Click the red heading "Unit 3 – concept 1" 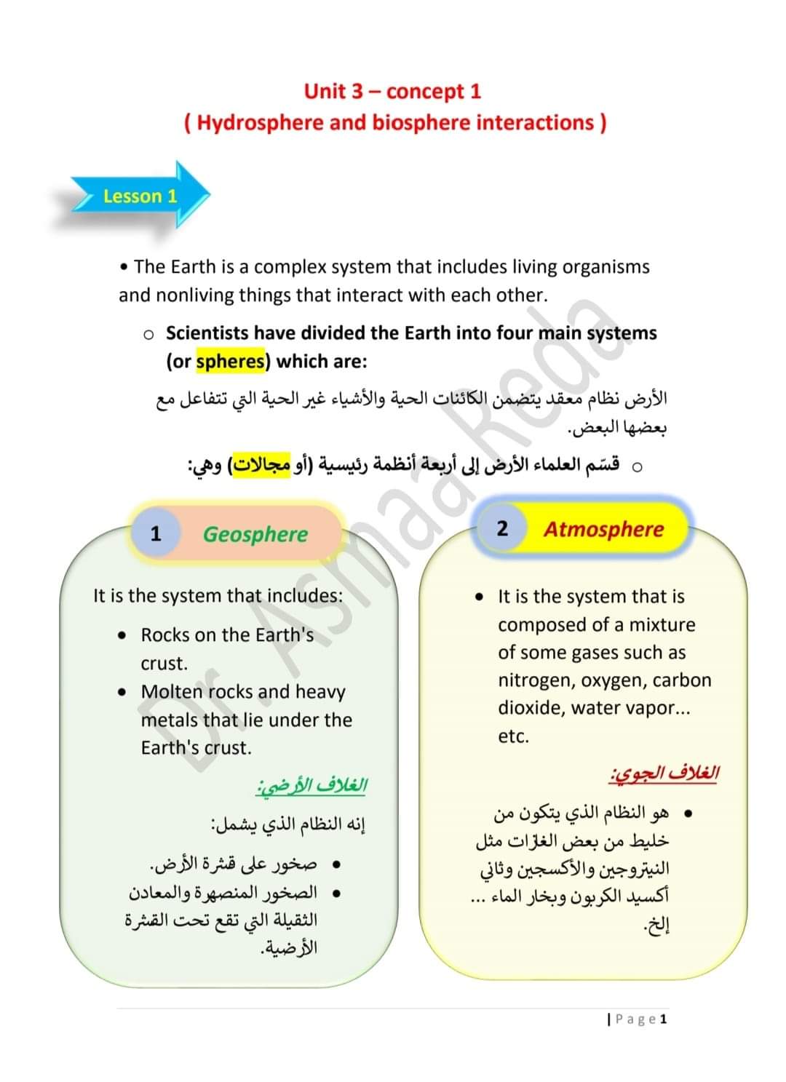(x=392, y=91)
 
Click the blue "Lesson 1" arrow (x=140, y=196)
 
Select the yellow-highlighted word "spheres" (x=231, y=361)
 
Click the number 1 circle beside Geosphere (x=155, y=533)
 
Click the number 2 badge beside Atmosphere (x=502, y=528)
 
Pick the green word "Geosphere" (x=255, y=534)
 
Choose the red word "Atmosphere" (x=603, y=529)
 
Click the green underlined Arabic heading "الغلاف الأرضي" (x=311, y=786)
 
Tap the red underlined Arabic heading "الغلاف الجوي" (x=664, y=773)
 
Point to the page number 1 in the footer (x=663, y=1019)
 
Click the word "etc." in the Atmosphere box (x=513, y=736)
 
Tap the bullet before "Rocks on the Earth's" (x=122, y=635)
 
